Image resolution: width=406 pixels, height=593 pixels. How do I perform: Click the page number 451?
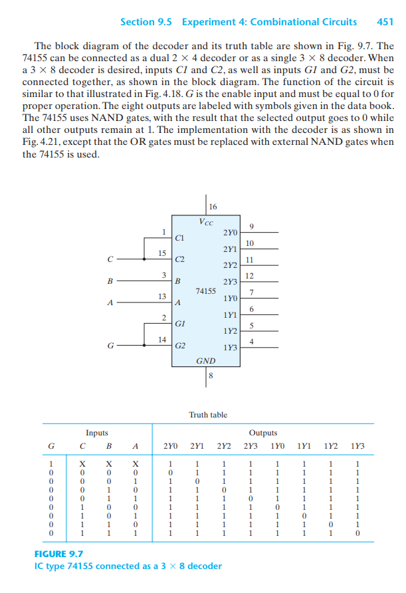[x=385, y=21]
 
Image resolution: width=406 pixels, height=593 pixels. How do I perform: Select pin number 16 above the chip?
[x=212, y=205]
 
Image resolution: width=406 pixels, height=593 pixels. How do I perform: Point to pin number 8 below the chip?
[x=211, y=376]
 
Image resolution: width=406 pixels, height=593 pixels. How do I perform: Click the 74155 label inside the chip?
[x=206, y=291]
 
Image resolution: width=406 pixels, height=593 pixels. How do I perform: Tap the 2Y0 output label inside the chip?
[x=229, y=233]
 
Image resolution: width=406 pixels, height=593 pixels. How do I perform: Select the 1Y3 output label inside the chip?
[x=230, y=347]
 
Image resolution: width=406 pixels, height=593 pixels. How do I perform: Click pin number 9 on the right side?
[x=250, y=226]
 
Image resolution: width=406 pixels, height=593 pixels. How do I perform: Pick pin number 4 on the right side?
[x=250, y=341]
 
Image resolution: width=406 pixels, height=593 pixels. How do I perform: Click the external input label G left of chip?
[x=110, y=345]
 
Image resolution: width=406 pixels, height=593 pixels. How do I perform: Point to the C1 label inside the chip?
[x=180, y=237]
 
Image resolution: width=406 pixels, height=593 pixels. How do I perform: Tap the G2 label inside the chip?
[x=180, y=346]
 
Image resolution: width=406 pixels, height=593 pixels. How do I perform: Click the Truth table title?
[x=208, y=414]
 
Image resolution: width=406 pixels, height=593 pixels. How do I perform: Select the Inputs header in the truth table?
[x=97, y=432]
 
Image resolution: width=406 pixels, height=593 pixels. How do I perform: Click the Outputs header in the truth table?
[x=263, y=432]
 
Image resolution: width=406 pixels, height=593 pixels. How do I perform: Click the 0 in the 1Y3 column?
[x=358, y=533]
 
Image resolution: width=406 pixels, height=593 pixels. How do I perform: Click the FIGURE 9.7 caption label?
[x=58, y=553]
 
